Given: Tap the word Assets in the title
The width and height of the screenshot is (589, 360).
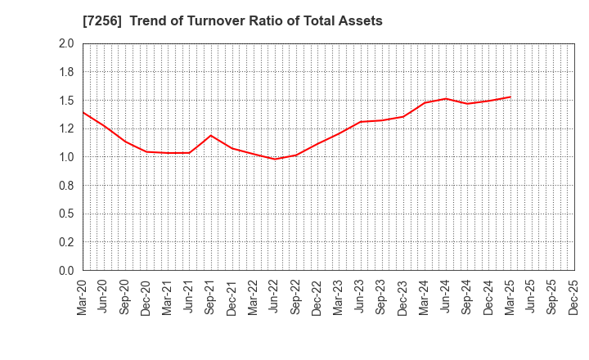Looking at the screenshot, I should click(361, 21).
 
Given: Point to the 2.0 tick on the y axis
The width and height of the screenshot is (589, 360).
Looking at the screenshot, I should click(67, 44).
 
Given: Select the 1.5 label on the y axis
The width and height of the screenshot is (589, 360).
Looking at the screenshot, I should click(67, 101).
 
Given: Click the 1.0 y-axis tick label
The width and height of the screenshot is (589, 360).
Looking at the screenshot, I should click(67, 157).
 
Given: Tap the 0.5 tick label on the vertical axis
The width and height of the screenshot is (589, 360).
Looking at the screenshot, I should click(67, 214).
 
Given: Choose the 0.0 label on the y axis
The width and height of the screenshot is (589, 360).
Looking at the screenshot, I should click(67, 271).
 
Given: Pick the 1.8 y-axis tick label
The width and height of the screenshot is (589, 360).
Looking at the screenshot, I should click(67, 72).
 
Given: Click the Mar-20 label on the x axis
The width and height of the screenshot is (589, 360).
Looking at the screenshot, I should click(83, 296).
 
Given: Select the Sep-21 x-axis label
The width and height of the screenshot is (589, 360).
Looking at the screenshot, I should click(211, 296).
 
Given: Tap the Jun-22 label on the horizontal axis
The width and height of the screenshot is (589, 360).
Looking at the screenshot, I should click(275, 296).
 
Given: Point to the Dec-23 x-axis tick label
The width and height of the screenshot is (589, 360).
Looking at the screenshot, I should click(403, 296).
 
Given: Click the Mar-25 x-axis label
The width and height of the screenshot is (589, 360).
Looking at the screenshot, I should click(510, 296).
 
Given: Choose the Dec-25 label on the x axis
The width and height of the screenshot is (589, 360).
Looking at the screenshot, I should click(573, 296).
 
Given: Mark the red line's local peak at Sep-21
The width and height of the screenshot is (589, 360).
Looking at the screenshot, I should click(211, 135).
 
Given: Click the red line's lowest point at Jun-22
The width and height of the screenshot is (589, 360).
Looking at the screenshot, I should click(275, 159).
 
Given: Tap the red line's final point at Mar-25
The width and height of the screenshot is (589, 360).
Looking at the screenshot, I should click(510, 97).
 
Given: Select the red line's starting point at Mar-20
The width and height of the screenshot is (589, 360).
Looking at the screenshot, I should click(83, 112).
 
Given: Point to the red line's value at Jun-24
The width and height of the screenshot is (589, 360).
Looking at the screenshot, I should click(446, 98).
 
